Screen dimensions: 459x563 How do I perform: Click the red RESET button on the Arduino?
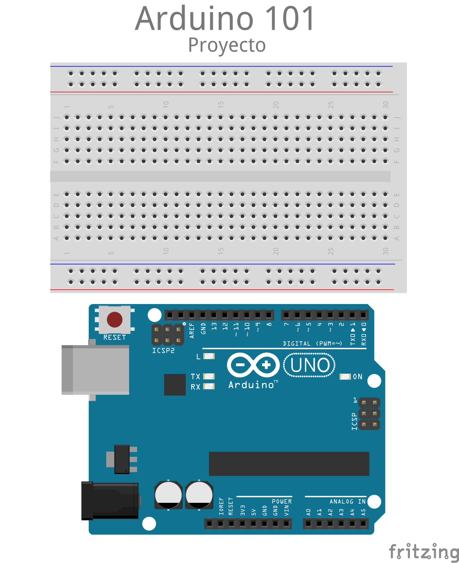pos(115,319)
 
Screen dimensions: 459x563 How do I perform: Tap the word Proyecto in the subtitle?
pos(227,45)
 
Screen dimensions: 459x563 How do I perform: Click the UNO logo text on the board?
pos(310,365)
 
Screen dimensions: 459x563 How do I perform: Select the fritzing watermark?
pos(424,551)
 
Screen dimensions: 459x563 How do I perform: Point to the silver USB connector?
pos(95,370)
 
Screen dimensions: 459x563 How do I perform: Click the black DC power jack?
pos(110,501)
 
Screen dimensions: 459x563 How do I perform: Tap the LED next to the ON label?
pos(345,377)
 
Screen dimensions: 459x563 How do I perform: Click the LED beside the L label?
pos(209,356)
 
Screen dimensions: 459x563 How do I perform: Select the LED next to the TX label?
pos(209,377)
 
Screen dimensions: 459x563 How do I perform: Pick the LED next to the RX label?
pos(209,386)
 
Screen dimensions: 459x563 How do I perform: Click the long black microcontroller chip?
pos(289,464)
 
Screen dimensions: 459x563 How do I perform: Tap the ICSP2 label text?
pos(163,351)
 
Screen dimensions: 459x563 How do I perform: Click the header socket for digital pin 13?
pos(214,315)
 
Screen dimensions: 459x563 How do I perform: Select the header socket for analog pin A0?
pos(308,523)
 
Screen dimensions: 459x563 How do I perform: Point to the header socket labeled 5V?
pos(253,523)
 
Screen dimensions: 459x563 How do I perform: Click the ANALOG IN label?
pos(347,501)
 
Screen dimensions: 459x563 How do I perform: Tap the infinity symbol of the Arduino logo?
pos(253,365)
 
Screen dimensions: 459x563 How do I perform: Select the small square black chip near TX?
pos(175,385)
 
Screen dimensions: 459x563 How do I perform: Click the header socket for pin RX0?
pos(363,315)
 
